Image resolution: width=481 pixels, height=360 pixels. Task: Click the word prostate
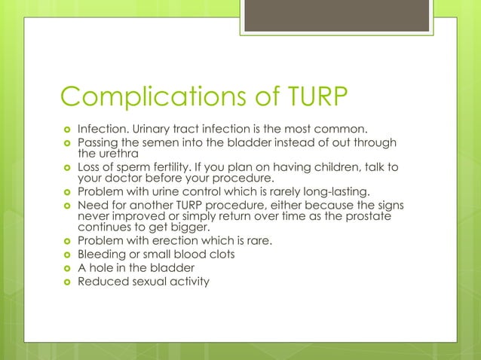366,217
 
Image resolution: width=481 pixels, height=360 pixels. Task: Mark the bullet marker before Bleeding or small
65,255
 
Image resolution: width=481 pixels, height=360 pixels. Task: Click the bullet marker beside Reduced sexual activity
65,282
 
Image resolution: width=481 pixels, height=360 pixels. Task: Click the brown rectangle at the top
336,16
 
